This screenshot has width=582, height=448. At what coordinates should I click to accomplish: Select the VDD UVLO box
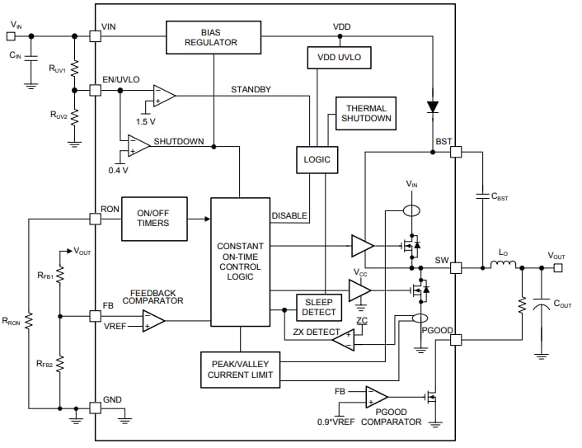[340, 58]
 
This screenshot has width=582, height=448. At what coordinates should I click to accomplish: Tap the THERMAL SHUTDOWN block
[366, 113]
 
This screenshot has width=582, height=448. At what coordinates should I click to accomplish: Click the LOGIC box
[317, 160]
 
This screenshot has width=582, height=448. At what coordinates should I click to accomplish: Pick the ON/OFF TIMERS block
[154, 219]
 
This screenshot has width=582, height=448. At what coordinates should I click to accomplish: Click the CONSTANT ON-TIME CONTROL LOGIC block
[240, 262]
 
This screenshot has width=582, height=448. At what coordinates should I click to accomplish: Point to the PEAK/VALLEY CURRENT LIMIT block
[240, 370]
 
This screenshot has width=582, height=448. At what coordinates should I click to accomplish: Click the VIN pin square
[96, 36]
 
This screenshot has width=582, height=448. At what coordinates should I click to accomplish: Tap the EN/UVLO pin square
[96, 89]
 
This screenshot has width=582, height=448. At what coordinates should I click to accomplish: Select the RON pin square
[96, 219]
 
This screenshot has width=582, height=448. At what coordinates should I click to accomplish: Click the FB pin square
[96, 316]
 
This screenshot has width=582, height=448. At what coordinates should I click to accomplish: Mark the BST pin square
[456, 153]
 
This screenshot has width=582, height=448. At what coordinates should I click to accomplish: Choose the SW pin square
[456, 267]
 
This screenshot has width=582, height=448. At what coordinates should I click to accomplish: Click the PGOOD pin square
[456, 339]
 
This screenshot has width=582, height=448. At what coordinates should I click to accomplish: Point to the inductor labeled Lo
[503, 266]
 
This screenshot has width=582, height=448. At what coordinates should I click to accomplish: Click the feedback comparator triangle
[153, 321]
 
